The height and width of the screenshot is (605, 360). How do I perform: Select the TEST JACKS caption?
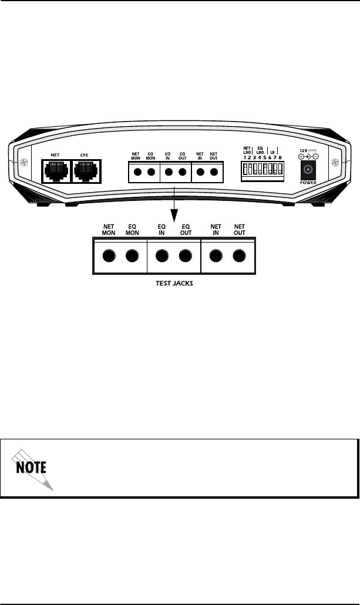(174, 282)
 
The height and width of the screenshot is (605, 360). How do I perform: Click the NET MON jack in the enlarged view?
(108, 256)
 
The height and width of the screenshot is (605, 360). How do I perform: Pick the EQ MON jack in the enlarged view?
(132, 256)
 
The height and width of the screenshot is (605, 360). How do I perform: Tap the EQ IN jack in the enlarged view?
(162, 256)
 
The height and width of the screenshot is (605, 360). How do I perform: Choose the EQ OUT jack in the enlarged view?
(186, 256)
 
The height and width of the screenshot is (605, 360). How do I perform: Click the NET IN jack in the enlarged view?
(216, 256)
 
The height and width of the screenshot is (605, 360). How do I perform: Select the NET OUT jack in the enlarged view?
(238, 256)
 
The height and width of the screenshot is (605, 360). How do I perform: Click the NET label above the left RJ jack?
(56, 156)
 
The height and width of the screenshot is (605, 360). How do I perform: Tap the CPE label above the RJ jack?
(85, 156)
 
